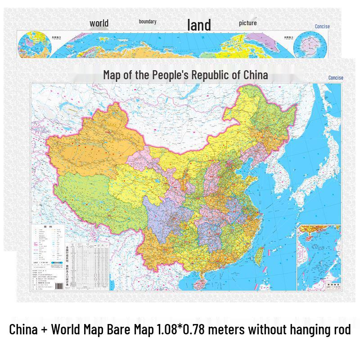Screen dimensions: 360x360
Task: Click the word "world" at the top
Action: pyautogui.click(x=99, y=23)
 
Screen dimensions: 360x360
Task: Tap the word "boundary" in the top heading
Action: pyautogui.click(x=148, y=22)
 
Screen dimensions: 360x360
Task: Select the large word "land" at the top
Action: pyautogui.click(x=199, y=25)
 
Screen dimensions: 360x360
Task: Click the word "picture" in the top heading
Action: pyautogui.click(x=248, y=23)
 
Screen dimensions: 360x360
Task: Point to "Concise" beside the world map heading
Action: pyautogui.click(x=322, y=27)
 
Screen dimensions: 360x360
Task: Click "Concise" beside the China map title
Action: pyautogui.click(x=336, y=78)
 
